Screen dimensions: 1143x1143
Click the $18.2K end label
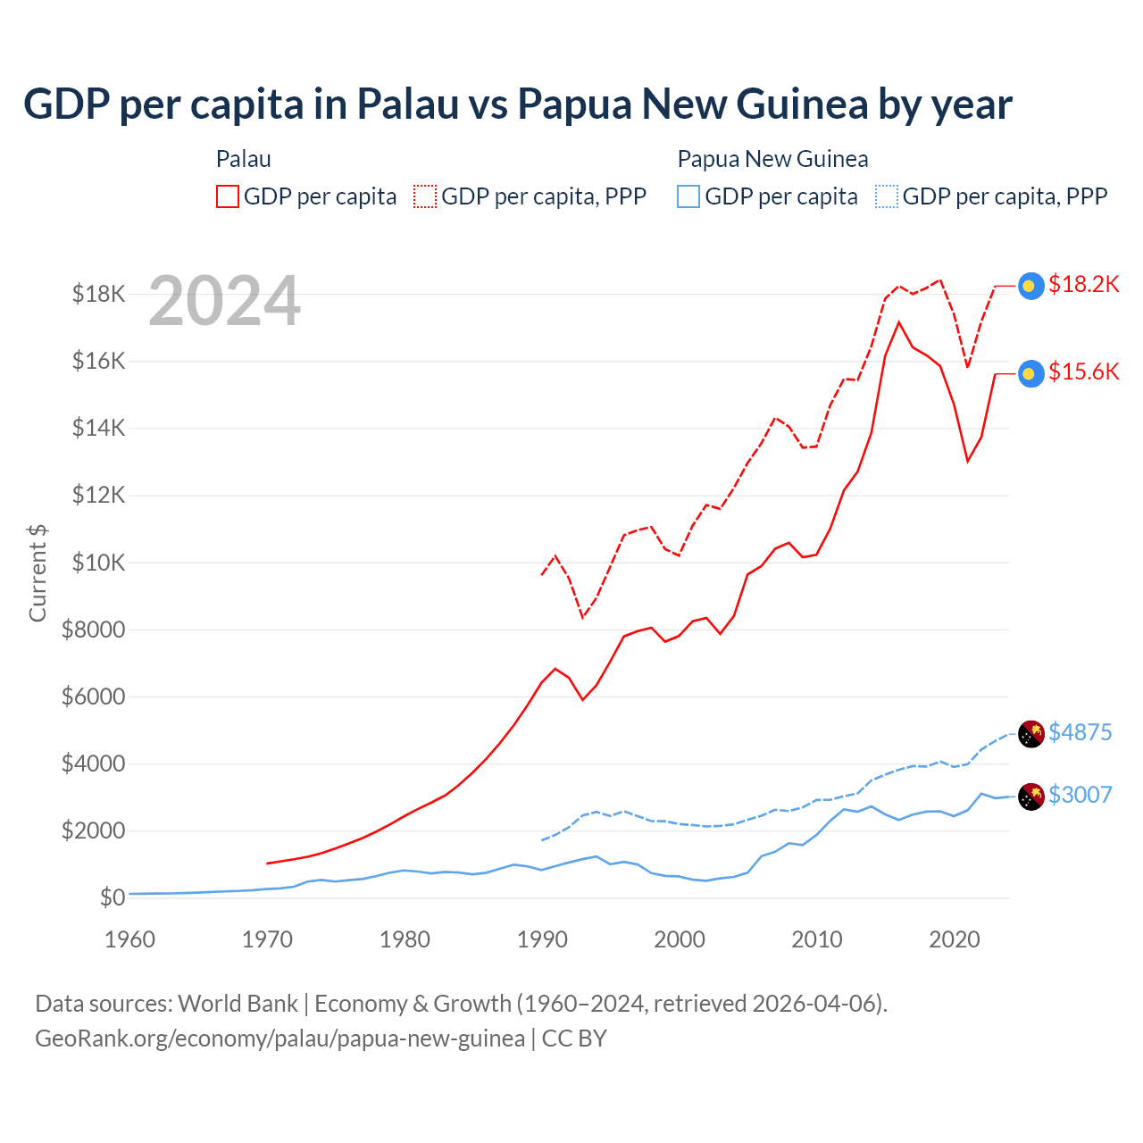pos(1083,284)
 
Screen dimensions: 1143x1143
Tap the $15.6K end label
pos(1083,371)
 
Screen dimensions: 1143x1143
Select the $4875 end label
pos(1080,732)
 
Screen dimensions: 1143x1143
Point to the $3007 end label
pos(1080,795)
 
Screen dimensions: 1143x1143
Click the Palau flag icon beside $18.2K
pos(1031,286)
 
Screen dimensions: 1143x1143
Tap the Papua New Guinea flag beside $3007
pos(1031,796)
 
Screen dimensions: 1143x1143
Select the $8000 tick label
pos(93,630)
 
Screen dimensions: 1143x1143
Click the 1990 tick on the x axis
pos(542,939)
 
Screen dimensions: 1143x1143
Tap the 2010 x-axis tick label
pos(817,939)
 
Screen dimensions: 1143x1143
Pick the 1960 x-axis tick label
pos(130,939)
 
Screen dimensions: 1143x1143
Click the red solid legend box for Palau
pos(228,196)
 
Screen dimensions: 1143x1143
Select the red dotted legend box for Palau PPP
pos(425,196)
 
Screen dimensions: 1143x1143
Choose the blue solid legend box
pos(688,196)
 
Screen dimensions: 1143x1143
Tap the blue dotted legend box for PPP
pos(887,196)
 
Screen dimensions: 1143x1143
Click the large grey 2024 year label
pos(224,301)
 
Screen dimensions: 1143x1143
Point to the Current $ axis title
pos(38,573)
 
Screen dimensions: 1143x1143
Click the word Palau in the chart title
pos(407,104)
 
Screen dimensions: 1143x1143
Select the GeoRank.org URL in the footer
pos(279,1039)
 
